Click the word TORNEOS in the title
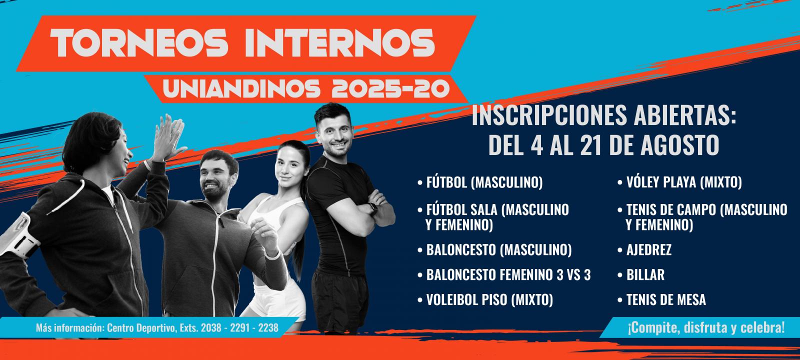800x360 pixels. [139, 43]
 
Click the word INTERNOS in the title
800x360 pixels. [340, 43]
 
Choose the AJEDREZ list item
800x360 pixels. [649, 250]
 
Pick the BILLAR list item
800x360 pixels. [645, 275]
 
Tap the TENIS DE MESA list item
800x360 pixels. [666, 300]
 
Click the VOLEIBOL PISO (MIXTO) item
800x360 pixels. [489, 300]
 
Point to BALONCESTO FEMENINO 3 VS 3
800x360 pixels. [508, 275]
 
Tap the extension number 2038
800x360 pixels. [211, 328]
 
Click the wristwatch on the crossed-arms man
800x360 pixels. [372, 208]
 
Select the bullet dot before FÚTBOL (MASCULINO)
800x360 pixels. [420, 183]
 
